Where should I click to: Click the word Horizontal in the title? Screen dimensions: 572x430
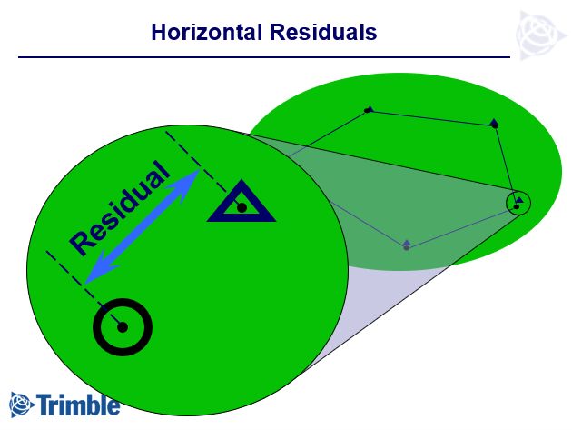pos(206,32)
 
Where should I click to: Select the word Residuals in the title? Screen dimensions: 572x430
pos(323,32)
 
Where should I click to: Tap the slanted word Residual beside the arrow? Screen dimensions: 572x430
pos(120,208)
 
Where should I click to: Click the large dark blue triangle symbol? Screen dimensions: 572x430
pos(242,202)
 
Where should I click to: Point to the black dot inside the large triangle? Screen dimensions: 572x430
pos(242,208)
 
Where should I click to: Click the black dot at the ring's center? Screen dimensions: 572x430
pos(123,327)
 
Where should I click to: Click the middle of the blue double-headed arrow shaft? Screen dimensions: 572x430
pos(143,226)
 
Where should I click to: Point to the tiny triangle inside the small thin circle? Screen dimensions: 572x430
pos(520,200)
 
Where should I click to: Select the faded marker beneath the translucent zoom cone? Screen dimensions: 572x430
pos(407,245)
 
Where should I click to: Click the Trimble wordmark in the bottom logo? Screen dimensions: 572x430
pos(78,405)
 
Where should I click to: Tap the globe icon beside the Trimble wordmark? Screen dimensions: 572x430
pos(21,405)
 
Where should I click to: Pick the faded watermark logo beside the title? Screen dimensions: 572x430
pos(541,35)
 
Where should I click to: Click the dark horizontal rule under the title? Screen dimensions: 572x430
pos(264,57)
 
